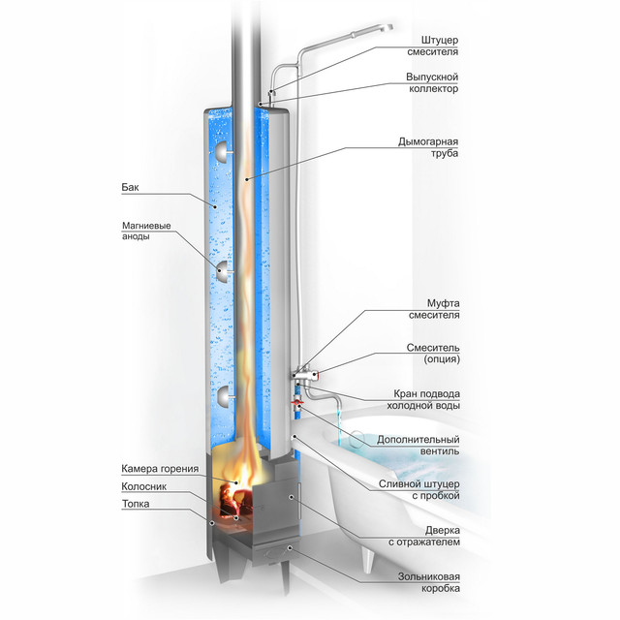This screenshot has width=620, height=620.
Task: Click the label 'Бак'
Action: (x=130, y=187)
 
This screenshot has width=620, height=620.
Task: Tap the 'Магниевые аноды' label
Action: (x=146, y=231)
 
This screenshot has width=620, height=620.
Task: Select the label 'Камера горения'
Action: (x=160, y=469)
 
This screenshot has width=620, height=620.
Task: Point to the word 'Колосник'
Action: (x=144, y=486)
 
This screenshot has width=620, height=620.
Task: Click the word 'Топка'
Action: (x=136, y=504)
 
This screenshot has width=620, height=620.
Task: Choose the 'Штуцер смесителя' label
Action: (x=433, y=46)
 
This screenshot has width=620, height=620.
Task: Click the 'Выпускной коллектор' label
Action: (x=432, y=82)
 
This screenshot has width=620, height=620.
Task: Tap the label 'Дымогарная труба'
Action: (x=428, y=147)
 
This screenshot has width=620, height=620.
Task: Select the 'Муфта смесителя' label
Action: (x=434, y=309)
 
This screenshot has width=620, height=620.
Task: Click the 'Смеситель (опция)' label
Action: (x=433, y=354)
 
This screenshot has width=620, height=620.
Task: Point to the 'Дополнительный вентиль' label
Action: (x=418, y=446)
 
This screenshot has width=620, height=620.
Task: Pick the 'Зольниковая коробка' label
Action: (x=429, y=582)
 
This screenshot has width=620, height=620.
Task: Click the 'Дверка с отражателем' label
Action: (x=424, y=536)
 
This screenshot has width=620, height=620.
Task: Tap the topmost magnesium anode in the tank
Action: (x=223, y=152)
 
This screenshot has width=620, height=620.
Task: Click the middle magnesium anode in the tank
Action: (x=224, y=271)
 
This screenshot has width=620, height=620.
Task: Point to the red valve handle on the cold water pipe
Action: (x=297, y=403)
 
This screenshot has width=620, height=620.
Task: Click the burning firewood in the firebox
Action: (x=235, y=500)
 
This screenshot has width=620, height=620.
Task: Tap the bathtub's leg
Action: (x=368, y=561)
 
